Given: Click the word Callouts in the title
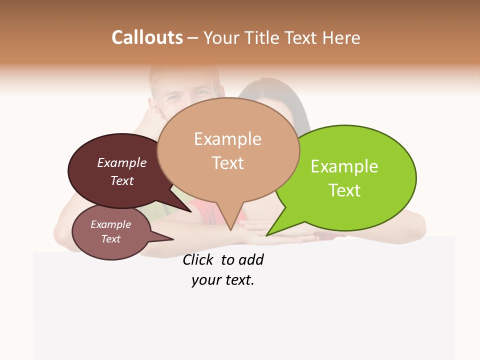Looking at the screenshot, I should [x=147, y=37].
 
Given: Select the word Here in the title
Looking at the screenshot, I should [x=342, y=37].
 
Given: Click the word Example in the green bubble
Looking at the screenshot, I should [x=344, y=166].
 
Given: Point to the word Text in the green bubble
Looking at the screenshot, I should [x=344, y=190].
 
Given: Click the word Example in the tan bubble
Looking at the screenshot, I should [x=227, y=139].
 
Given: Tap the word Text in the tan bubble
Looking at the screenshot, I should [x=227, y=163].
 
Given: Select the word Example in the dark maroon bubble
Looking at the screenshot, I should [x=121, y=163].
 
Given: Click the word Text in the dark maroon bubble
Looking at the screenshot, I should [x=121, y=180].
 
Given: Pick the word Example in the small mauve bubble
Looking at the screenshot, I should [x=110, y=224].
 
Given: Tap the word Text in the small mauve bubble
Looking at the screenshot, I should [x=110, y=239].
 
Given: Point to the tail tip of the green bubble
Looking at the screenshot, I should [x=266, y=235].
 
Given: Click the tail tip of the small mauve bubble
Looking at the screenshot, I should [x=173, y=239].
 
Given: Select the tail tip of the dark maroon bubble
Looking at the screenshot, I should [x=191, y=211].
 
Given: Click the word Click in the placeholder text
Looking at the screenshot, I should [x=197, y=260].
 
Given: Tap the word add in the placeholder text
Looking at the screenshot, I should [x=251, y=260].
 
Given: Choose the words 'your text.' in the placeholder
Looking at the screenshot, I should [x=222, y=280].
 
